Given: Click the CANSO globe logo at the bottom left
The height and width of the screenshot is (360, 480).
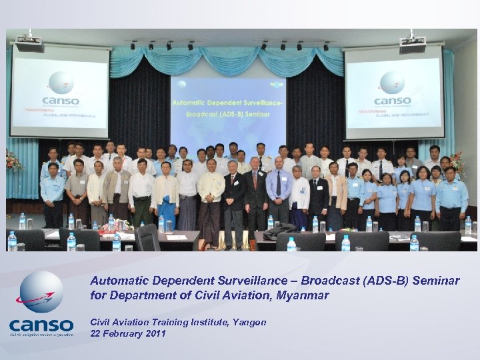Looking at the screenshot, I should [41, 292].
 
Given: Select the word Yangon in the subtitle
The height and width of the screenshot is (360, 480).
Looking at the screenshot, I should [250, 322].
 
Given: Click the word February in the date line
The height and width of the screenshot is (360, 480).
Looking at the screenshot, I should [123, 333].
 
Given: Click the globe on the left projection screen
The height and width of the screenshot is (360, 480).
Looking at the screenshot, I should [61, 83].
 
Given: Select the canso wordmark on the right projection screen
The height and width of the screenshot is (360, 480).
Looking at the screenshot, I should [392, 101].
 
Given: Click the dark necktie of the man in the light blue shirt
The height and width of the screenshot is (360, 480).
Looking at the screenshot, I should [279, 183].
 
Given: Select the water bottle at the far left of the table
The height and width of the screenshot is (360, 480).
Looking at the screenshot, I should [12, 241].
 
